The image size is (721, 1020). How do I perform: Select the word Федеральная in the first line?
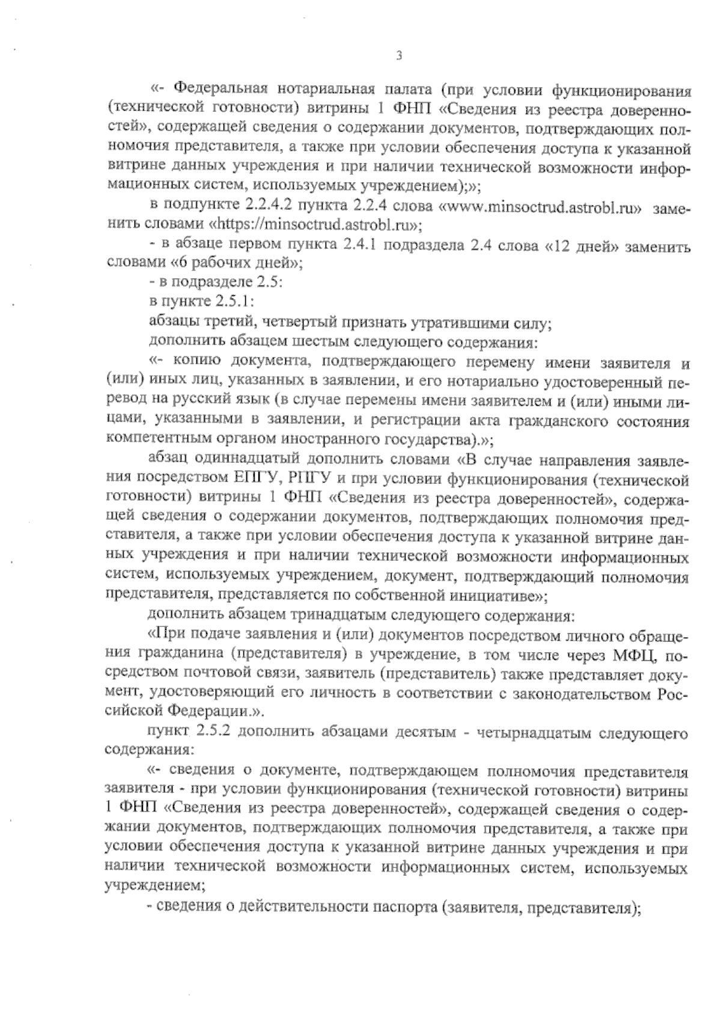(x=220, y=91)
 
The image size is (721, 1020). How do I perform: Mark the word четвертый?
(x=285, y=322)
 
